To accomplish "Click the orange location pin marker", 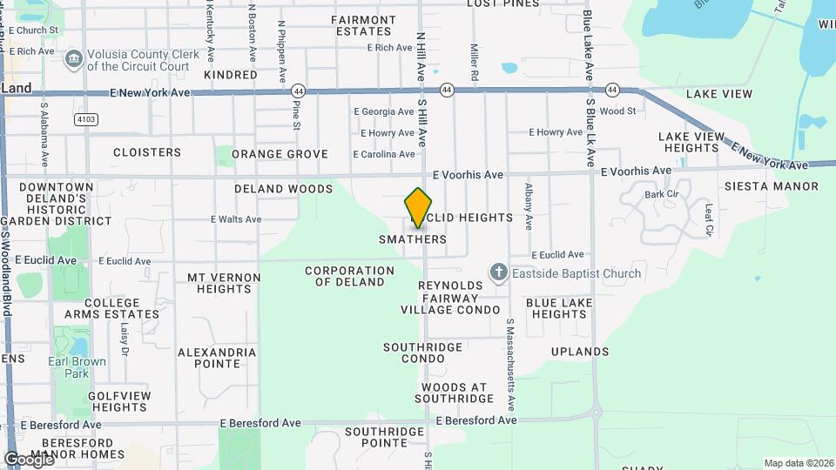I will point(419,207).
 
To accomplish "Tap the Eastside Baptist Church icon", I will point(498,273).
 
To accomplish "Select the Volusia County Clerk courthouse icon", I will point(73,58).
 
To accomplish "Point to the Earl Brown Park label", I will point(78,367).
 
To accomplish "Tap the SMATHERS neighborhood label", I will point(413,238).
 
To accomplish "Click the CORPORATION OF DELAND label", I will point(345,276).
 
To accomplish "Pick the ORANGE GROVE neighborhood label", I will point(280,154).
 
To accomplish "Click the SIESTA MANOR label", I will point(772,186).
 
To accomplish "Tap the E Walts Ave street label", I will point(236,219).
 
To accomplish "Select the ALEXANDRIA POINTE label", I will point(217,358).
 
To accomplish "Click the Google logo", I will point(29,459).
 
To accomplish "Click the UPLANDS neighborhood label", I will point(580,352).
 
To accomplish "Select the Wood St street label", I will point(617,111).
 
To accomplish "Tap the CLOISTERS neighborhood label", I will point(147,152).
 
